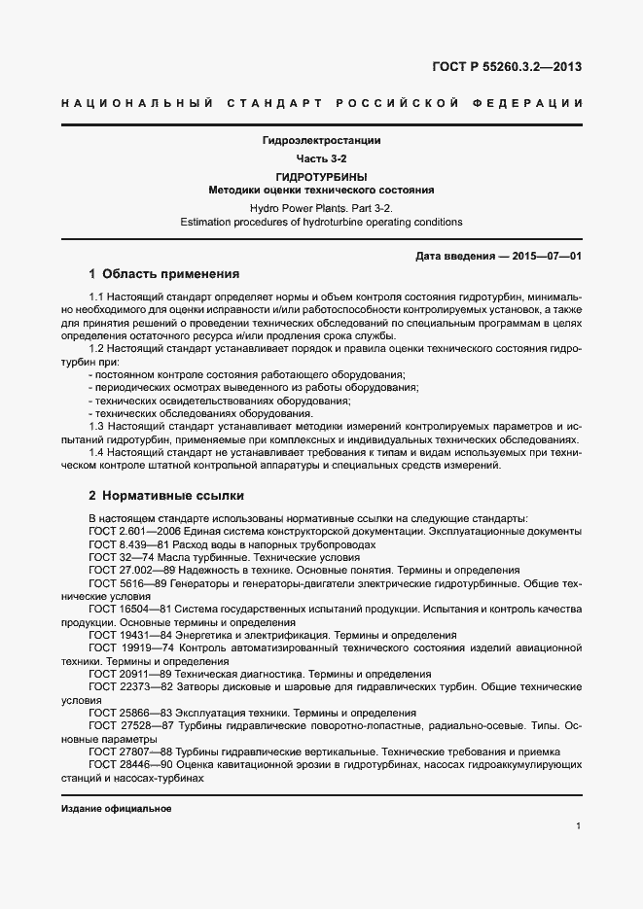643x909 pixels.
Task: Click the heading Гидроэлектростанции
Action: pos(321,141)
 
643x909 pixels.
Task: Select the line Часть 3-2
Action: pos(321,158)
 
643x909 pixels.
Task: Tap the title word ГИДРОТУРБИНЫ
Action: pos(321,177)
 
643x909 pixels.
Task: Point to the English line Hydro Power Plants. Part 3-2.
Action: pos(321,208)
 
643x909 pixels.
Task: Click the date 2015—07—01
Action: pos(549,255)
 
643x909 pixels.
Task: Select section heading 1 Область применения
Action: pos(163,273)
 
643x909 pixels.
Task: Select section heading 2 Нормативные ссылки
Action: pos(165,495)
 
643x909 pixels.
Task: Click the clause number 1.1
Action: pos(96,296)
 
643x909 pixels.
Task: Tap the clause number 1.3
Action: pos(96,426)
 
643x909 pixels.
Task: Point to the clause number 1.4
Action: pos(96,452)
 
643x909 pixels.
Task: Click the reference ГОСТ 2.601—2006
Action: pos(133,532)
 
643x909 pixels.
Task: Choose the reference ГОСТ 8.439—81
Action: pos(125,544)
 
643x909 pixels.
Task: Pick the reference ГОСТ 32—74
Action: pos(118,557)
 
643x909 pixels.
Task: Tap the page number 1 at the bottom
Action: pos(578,826)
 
